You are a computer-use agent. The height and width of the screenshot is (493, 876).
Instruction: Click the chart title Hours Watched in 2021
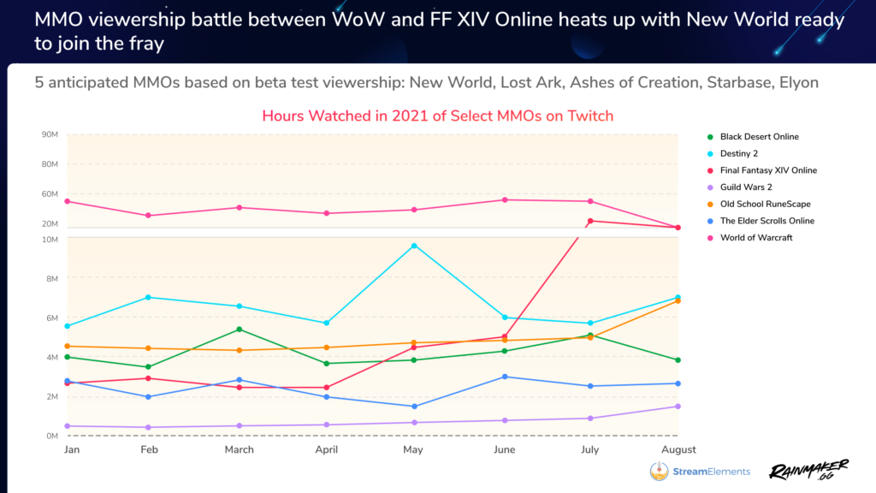[x=437, y=116]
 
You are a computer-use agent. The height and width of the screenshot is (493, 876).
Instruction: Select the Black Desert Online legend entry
[x=759, y=137]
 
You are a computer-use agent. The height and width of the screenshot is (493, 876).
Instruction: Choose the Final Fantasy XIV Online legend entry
[x=768, y=170]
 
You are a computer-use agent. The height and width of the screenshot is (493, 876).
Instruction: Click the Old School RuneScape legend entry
[x=765, y=205]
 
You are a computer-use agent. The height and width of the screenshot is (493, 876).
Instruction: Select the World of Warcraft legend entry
[x=756, y=238]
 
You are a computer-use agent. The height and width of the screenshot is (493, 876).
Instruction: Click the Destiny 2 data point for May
[x=414, y=246]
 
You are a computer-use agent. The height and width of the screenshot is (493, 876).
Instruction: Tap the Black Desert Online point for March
[x=240, y=330]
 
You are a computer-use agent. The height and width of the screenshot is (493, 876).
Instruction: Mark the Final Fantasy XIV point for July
[x=590, y=221]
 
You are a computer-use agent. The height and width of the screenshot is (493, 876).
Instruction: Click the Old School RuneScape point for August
[x=678, y=301]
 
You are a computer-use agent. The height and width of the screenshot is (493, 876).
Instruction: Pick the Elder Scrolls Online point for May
[x=414, y=407]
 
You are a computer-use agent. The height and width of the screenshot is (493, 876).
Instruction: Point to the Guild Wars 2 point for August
[x=678, y=407]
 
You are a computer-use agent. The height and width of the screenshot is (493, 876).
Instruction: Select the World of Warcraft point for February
[x=148, y=216]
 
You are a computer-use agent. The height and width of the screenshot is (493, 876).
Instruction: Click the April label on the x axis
[x=327, y=449]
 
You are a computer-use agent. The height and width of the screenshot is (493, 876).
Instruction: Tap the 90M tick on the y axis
[x=49, y=134]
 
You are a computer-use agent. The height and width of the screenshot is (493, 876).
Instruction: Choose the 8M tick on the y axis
[x=50, y=278]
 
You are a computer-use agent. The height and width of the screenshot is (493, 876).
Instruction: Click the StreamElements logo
[x=700, y=471]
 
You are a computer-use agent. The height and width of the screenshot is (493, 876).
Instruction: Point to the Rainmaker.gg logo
[x=808, y=469]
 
